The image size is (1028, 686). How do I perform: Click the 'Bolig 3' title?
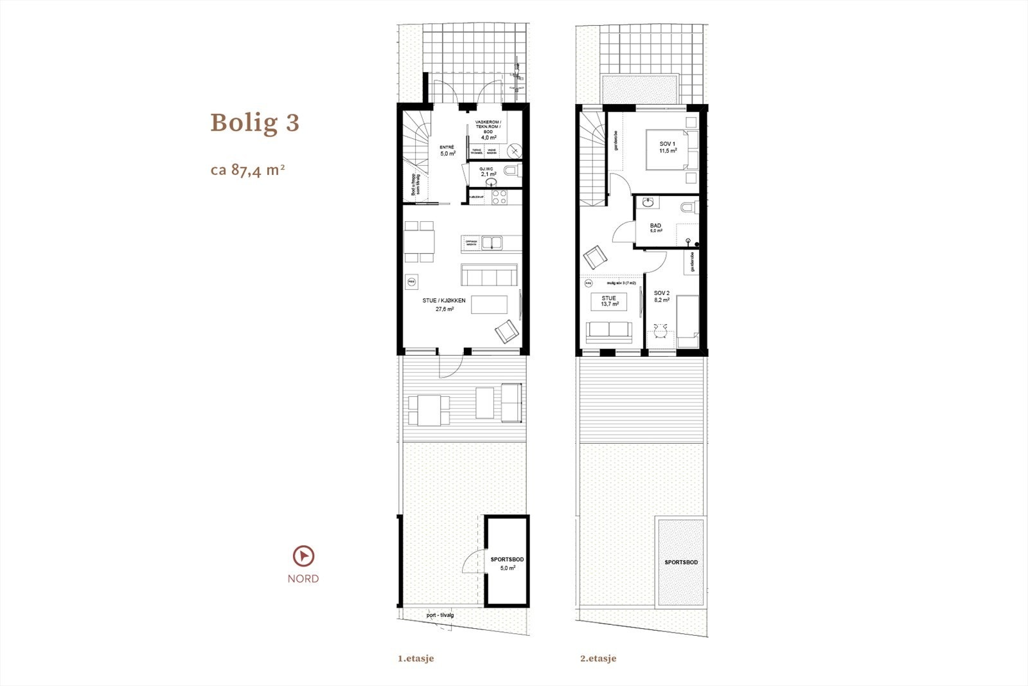(x=254, y=123)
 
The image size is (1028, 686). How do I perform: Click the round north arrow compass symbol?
(x=303, y=555)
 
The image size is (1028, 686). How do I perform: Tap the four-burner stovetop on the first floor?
(x=500, y=197)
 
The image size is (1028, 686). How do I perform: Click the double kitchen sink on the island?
(x=493, y=242)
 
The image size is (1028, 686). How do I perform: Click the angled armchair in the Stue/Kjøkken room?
(x=506, y=332)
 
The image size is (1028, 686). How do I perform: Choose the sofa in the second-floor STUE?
(x=608, y=329)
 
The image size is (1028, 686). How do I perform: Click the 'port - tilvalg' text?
(x=439, y=615)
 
